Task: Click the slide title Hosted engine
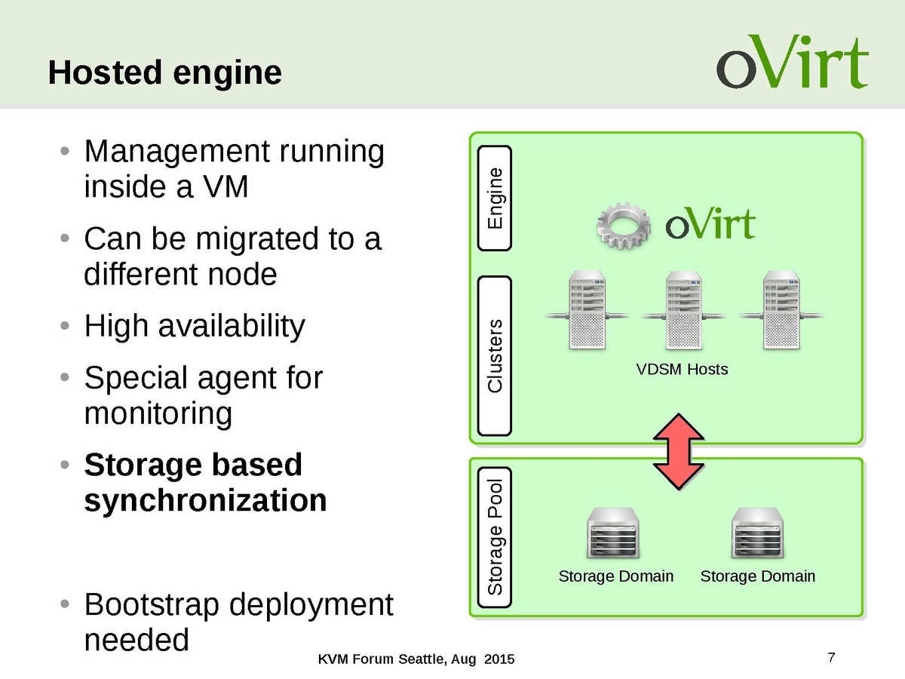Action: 164,73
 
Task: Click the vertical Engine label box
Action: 495,198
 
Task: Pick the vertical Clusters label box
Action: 495,356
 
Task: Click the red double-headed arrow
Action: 679,450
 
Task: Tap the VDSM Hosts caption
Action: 683,370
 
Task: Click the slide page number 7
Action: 831,656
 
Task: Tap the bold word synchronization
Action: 205,500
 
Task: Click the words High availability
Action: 195,327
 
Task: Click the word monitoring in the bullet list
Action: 158,413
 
